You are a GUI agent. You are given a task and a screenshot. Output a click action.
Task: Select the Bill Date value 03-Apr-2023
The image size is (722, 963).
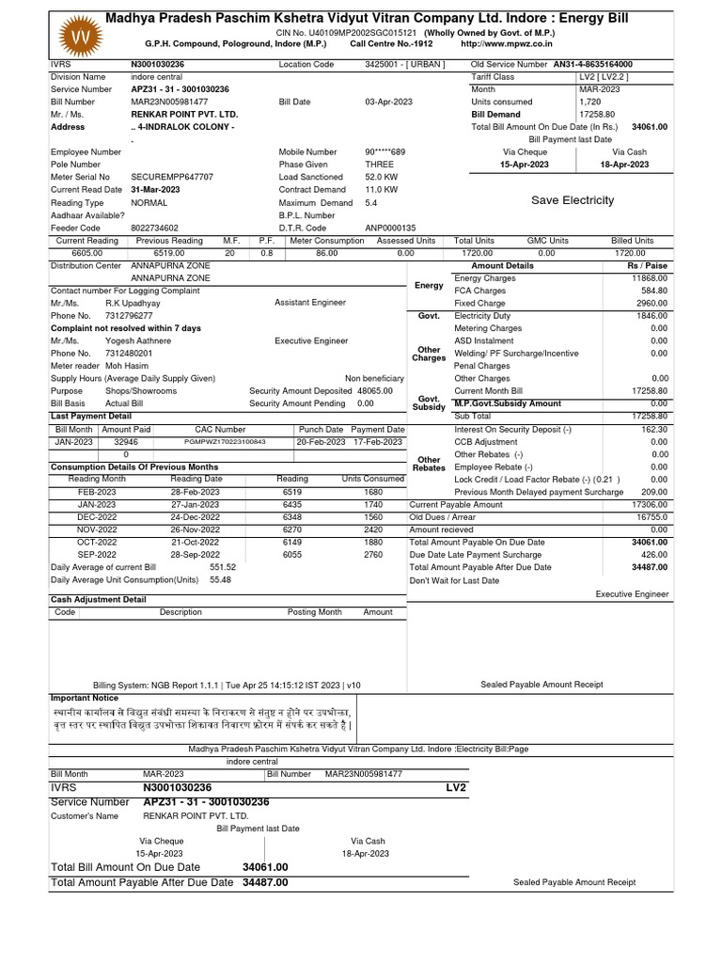tap(388, 102)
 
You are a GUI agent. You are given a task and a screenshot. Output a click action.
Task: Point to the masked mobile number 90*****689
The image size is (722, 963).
tap(385, 151)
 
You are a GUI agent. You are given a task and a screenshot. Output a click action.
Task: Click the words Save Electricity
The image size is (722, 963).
tap(572, 200)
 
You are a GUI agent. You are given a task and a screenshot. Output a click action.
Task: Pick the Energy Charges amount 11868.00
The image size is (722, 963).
tap(650, 278)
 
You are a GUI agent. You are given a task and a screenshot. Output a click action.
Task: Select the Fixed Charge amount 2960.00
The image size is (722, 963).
tap(651, 304)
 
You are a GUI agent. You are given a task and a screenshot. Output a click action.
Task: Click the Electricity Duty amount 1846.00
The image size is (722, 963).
tap(651, 317)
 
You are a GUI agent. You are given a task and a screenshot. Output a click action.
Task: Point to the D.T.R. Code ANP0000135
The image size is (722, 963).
tap(390, 228)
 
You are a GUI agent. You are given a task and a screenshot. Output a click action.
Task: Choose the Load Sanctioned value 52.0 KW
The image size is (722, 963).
tap(381, 177)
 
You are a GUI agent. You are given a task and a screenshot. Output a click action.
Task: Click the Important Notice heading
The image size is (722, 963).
tap(84, 698)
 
